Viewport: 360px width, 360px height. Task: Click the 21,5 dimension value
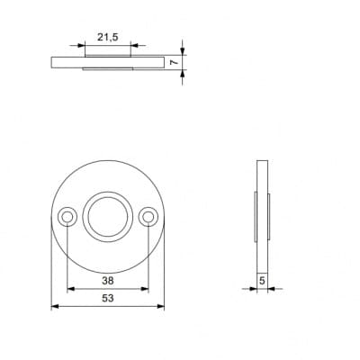(108, 37)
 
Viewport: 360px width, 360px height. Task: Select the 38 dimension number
(108, 281)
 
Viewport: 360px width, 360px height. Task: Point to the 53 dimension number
(108, 298)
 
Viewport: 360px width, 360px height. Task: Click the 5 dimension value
(262, 281)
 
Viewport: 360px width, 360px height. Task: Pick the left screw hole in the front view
(67, 217)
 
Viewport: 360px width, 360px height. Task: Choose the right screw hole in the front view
(148, 217)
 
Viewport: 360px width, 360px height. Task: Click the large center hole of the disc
(108, 217)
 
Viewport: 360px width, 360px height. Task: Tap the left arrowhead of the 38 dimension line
(70, 289)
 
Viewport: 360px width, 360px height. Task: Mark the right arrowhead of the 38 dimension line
(145, 289)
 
